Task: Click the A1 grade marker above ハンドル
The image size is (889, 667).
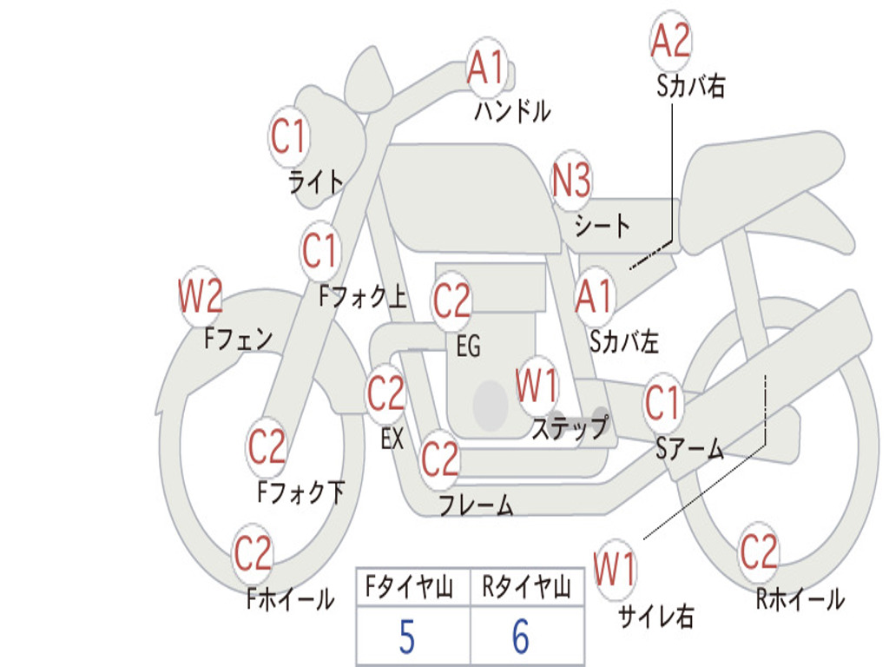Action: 486,67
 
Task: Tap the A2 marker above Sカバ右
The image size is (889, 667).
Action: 671,40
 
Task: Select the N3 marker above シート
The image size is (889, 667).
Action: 571,180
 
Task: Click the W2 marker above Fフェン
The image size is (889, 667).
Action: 201,296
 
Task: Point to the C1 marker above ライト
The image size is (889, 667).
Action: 288,136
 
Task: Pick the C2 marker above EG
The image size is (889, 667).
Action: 451,300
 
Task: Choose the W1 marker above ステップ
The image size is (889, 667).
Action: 537,385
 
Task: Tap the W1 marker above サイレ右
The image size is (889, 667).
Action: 615,568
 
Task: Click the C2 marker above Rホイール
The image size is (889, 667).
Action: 758,551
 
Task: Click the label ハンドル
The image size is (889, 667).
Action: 512,111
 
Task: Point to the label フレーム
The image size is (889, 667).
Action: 477,505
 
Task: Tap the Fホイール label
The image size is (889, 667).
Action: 290,599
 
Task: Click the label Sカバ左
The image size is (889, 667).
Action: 624,341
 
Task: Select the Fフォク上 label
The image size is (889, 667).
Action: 363,296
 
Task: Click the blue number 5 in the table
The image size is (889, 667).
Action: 407,637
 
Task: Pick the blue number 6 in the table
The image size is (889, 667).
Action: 521,637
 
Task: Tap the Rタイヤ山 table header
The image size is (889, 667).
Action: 527,587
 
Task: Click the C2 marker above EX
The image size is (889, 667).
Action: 386,393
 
